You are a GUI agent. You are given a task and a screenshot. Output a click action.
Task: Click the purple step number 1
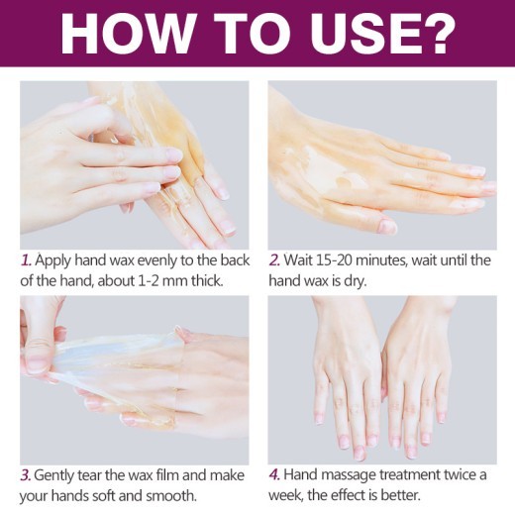(x=25, y=260)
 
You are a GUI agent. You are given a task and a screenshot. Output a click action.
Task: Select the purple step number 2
(x=274, y=260)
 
